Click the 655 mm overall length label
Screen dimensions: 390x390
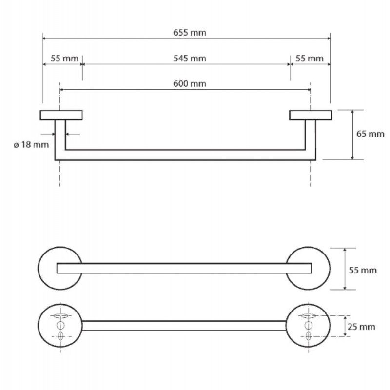[x=190, y=33]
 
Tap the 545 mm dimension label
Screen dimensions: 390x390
[x=190, y=58]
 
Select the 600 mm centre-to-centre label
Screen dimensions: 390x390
[x=190, y=83]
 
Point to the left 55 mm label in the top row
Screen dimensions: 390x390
[x=64, y=58]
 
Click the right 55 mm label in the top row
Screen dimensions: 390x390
[x=310, y=58]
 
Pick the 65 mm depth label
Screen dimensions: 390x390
[x=370, y=134]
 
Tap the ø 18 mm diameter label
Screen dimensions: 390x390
[x=31, y=144]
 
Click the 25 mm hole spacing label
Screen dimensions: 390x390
[x=361, y=327]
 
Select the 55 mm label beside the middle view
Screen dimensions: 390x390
[x=363, y=270]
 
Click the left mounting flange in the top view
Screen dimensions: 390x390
[x=61, y=116]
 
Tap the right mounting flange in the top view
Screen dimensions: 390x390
[x=311, y=116]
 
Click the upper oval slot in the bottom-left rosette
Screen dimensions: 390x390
[x=60, y=316]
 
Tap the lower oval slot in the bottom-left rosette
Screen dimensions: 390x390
[x=60, y=336]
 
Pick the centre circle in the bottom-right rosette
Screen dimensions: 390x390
[x=309, y=325]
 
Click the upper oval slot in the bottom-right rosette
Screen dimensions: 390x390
[x=309, y=316]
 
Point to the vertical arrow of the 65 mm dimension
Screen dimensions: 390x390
[x=352, y=135]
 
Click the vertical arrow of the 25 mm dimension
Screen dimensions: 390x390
[x=345, y=326]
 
